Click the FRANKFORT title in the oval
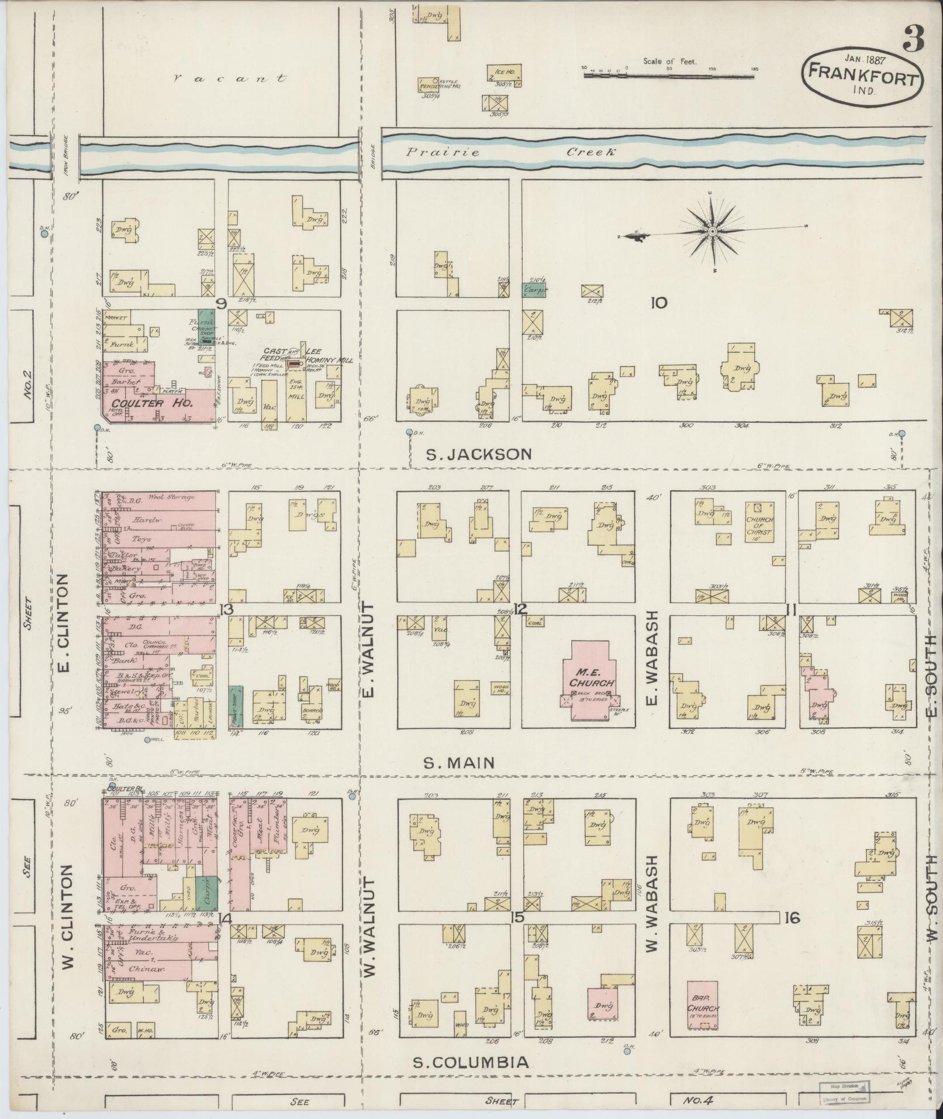(862, 76)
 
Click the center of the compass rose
(712, 232)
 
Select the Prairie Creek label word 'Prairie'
(443, 153)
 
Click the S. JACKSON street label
(478, 453)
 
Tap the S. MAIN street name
(459, 762)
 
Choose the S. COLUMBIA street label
(471, 1062)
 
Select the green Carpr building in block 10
(534, 290)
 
